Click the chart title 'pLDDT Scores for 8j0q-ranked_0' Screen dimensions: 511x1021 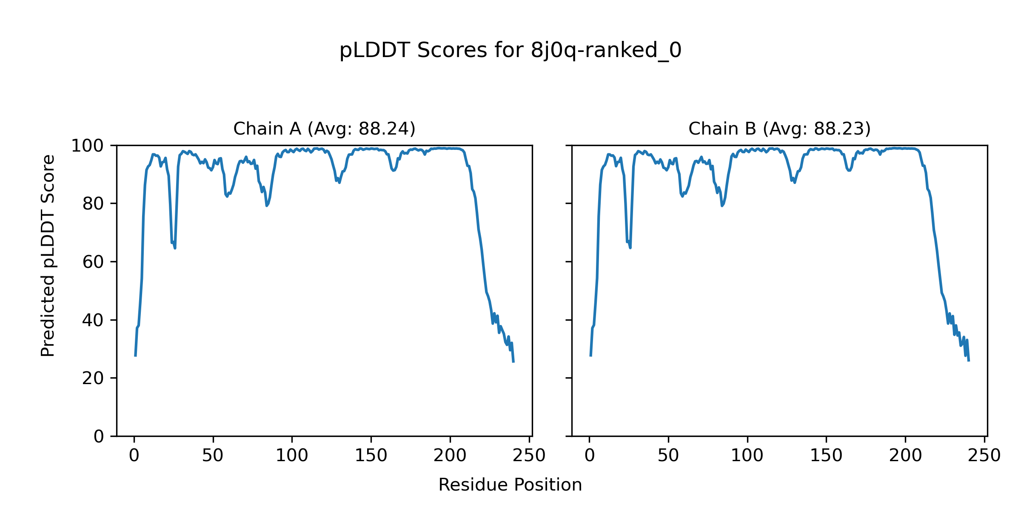coord(510,51)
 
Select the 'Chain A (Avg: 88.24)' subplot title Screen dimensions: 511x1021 coord(324,129)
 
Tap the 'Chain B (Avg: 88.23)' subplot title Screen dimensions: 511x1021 coord(779,129)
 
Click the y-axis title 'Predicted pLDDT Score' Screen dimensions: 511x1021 coord(48,255)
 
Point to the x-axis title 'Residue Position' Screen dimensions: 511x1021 coord(510,485)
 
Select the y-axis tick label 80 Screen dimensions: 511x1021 coord(93,204)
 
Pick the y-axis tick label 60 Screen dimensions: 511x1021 coord(93,262)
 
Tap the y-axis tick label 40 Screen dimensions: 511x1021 coord(93,320)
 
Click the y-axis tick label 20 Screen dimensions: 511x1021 coord(93,378)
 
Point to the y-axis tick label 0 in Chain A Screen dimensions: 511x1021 coord(99,436)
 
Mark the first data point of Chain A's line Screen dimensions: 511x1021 coord(135,356)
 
